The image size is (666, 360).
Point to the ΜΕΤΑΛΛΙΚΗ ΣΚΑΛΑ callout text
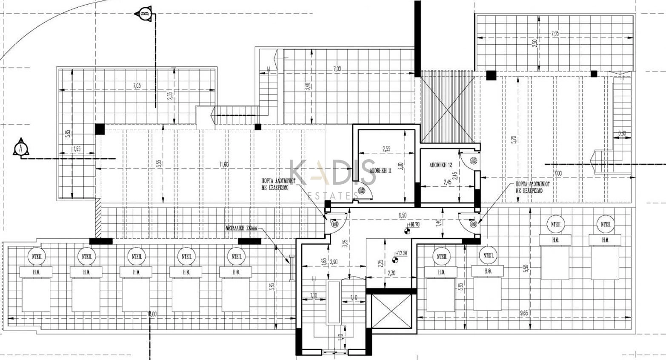tap(242, 228)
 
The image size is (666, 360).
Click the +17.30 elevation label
tap(401, 253)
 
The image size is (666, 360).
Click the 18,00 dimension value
tap(151, 314)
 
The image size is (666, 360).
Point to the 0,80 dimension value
tap(622, 134)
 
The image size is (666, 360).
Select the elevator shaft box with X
tap(392, 311)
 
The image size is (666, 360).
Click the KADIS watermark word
tap(332, 172)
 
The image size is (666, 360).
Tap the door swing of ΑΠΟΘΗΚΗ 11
tap(364, 192)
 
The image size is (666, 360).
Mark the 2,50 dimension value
tap(535, 43)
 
